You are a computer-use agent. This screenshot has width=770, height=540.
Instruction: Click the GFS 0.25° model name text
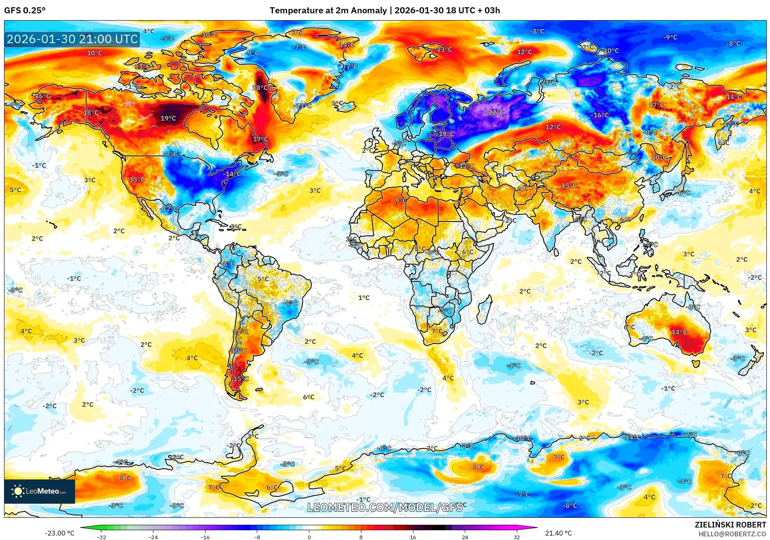pyautogui.click(x=25, y=10)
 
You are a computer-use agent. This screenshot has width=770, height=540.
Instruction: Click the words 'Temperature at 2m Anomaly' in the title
pyautogui.click(x=328, y=10)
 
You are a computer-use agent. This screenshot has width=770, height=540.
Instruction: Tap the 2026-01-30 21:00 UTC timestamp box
pyautogui.click(x=72, y=39)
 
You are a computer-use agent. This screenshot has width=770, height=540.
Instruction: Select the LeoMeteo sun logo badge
pyautogui.click(x=40, y=491)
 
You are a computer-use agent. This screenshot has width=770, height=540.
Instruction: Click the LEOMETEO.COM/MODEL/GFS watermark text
pyautogui.click(x=384, y=507)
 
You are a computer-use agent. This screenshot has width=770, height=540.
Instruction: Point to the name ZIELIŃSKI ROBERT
pyautogui.click(x=730, y=525)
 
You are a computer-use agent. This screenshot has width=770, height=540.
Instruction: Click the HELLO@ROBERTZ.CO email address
pyautogui.click(x=732, y=534)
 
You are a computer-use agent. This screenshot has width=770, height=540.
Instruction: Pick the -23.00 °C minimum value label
pyautogui.click(x=60, y=533)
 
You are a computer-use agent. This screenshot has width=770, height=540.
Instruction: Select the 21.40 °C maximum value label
pyautogui.click(x=558, y=533)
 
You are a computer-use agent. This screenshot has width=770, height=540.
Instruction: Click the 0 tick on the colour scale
pyautogui.click(x=309, y=537)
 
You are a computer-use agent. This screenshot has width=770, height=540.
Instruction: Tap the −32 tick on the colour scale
pyautogui.click(x=101, y=537)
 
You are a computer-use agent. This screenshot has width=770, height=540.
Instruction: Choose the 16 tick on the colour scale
pyautogui.click(x=413, y=537)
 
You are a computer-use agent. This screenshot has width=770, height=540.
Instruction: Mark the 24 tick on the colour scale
pyautogui.click(x=465, y=537)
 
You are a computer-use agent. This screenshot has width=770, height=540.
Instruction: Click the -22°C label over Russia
pyautogui.click(x=495, y=113)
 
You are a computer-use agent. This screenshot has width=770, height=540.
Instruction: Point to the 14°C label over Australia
pyautogui.click(x=679, y=332)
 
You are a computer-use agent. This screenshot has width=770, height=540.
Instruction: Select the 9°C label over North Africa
pyautogui.click(x=401, y=201)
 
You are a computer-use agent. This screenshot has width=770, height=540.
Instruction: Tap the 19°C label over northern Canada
pyautogui.click(x=168, y=118)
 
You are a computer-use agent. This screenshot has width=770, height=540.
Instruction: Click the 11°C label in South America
pyautogui.click(x=241, y=331)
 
